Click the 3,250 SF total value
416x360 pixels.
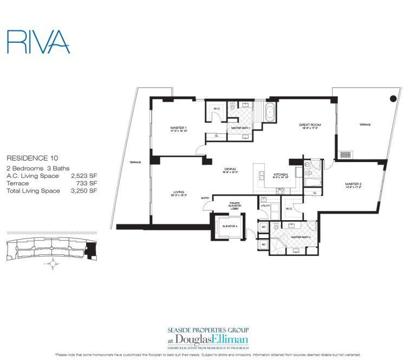(x=80, y=191)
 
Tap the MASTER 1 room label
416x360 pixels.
(x=178, y=128)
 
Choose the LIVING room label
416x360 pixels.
(x=179, y=191)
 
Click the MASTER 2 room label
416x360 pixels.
(x=353, y=184)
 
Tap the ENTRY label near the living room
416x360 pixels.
(x=206, y=198)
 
